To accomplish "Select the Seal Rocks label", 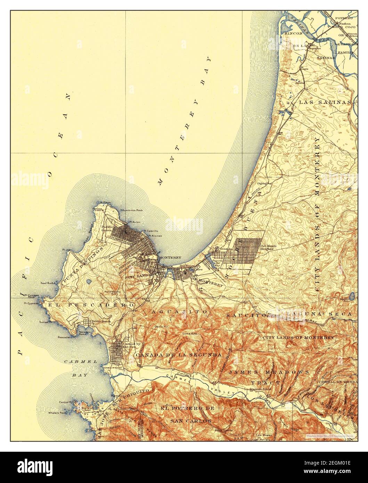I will point(49,283).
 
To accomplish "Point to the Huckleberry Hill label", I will point(113,293).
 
